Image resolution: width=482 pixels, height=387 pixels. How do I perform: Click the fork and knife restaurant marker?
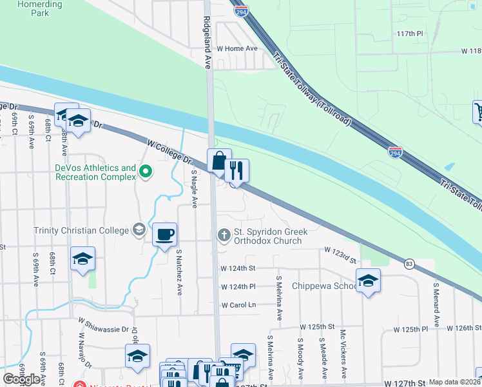[236, 171]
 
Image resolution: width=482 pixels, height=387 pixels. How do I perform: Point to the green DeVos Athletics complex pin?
[146, 171]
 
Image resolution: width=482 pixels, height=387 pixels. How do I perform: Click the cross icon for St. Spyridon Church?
[224, 234]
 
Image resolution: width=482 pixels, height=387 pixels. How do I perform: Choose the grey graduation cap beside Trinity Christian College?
[138, 230]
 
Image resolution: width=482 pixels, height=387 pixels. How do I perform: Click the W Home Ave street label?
[236, 48]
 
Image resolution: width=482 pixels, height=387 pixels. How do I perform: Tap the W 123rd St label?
[340, 254]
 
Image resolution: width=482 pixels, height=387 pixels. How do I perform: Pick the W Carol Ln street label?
[238, 305]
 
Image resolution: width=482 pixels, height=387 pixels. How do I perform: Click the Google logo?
[21, 379]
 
